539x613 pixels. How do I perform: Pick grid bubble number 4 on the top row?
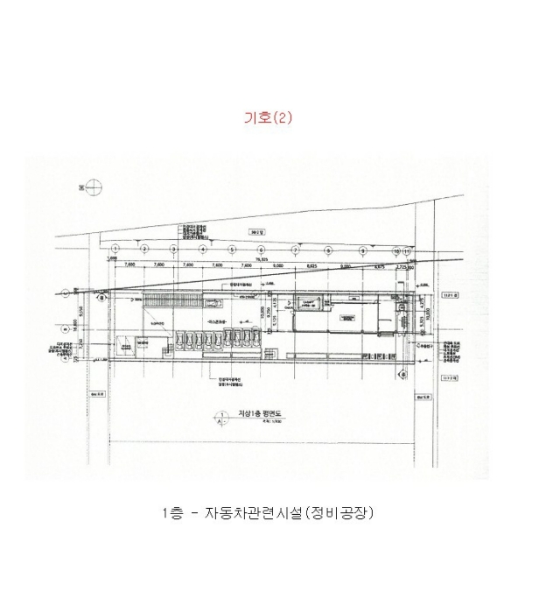tap(203, 249)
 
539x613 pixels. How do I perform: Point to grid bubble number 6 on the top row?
tap(262, 249)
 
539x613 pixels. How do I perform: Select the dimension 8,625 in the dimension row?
tap(313, 264)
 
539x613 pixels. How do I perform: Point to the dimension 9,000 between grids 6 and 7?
tap(279, 264)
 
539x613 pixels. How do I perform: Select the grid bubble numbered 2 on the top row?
tap(143, 249)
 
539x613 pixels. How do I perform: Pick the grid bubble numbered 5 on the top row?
tap(233, 249)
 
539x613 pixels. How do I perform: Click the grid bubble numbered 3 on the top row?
tap(173, 249)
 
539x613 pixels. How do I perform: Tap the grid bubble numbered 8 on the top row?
tap(329, 249)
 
